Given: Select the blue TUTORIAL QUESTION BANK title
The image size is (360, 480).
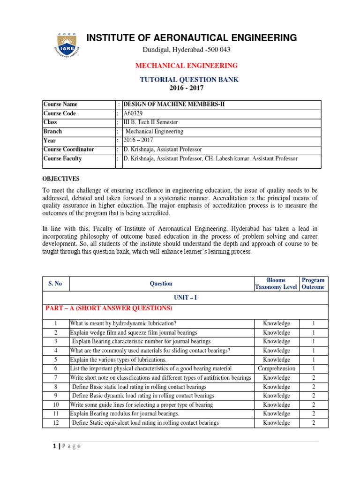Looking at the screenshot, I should click(x=189, y=80).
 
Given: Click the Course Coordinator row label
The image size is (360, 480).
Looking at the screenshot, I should click(x=68, y=150).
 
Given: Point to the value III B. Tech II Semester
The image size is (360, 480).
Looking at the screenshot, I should click(x=150, y=122).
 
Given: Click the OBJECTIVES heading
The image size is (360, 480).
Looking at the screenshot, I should click(x=61, y=179).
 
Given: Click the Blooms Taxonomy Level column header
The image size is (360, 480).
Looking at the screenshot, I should click(x=276, y=284).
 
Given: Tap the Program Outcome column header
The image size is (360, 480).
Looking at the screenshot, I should click(x=313, y=284).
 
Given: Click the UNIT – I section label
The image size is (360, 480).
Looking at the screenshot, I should click(x=185, y=298).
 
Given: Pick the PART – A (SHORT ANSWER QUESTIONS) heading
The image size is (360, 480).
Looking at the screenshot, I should click(x=109, y=308).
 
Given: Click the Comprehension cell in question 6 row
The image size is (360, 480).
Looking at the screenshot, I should click(x=277, y=368).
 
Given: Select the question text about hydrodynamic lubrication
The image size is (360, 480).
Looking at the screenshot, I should click(x=123, y=323).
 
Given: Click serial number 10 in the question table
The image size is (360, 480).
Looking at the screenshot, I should click(x=56, y=405).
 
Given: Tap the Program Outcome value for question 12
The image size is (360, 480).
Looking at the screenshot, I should click(x=313, y=423).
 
